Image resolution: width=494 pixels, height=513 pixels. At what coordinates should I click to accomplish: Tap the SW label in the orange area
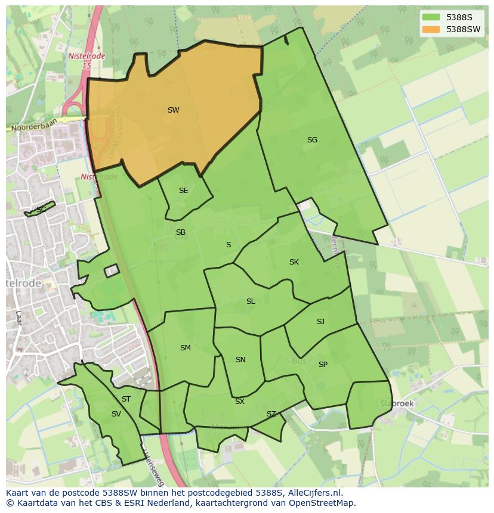[173, 110]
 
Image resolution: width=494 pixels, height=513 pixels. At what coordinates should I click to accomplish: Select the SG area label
[312, 140]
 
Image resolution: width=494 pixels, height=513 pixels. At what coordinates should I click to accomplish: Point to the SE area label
[183, 191]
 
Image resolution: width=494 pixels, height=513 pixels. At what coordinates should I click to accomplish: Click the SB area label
[180, 232]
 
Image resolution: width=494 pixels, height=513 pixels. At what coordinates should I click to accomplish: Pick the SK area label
[294, 262]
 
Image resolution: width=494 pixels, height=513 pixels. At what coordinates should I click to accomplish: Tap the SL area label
[251, 301]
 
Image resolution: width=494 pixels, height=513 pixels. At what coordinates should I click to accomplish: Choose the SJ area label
[320, 322]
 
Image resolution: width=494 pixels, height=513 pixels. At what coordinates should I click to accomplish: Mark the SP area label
[323, 365]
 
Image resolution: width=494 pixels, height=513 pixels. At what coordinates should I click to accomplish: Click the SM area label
[185, 348]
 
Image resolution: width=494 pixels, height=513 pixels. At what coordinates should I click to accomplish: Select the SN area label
[240, 360]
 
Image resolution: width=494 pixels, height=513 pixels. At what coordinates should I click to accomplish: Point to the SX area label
[239, 402]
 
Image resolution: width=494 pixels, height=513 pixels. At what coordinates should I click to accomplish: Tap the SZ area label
[271, 414]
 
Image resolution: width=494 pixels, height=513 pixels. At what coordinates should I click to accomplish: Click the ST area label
[126, 399]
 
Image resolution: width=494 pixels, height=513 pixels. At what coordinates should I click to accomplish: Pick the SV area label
[116, 414]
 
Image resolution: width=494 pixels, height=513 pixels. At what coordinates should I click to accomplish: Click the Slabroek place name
[397, 403]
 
